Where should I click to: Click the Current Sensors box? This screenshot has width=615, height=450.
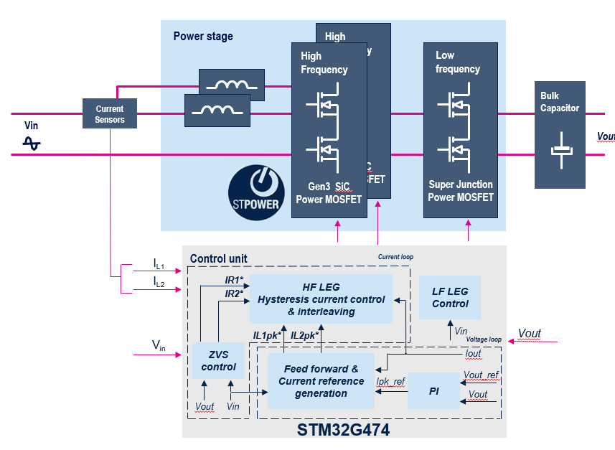pos(110,114)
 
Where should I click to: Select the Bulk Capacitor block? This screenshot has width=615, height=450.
pos(560,135)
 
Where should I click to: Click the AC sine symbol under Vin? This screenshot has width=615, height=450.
pos(32,144)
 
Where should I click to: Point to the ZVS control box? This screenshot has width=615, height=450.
pos(218,361)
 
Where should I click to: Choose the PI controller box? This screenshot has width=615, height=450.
pos(433,391)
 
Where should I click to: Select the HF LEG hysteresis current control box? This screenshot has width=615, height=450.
pos(321,299)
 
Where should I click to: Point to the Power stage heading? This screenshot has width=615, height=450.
pos(203,37)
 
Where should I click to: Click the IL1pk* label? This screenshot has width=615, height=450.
pos(267,335)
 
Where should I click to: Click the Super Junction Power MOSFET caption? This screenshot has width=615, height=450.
pos(460,190)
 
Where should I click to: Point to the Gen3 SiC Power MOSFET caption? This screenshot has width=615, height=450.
pos(329,193)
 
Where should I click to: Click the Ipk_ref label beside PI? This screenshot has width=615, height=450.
pos(391,382)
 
